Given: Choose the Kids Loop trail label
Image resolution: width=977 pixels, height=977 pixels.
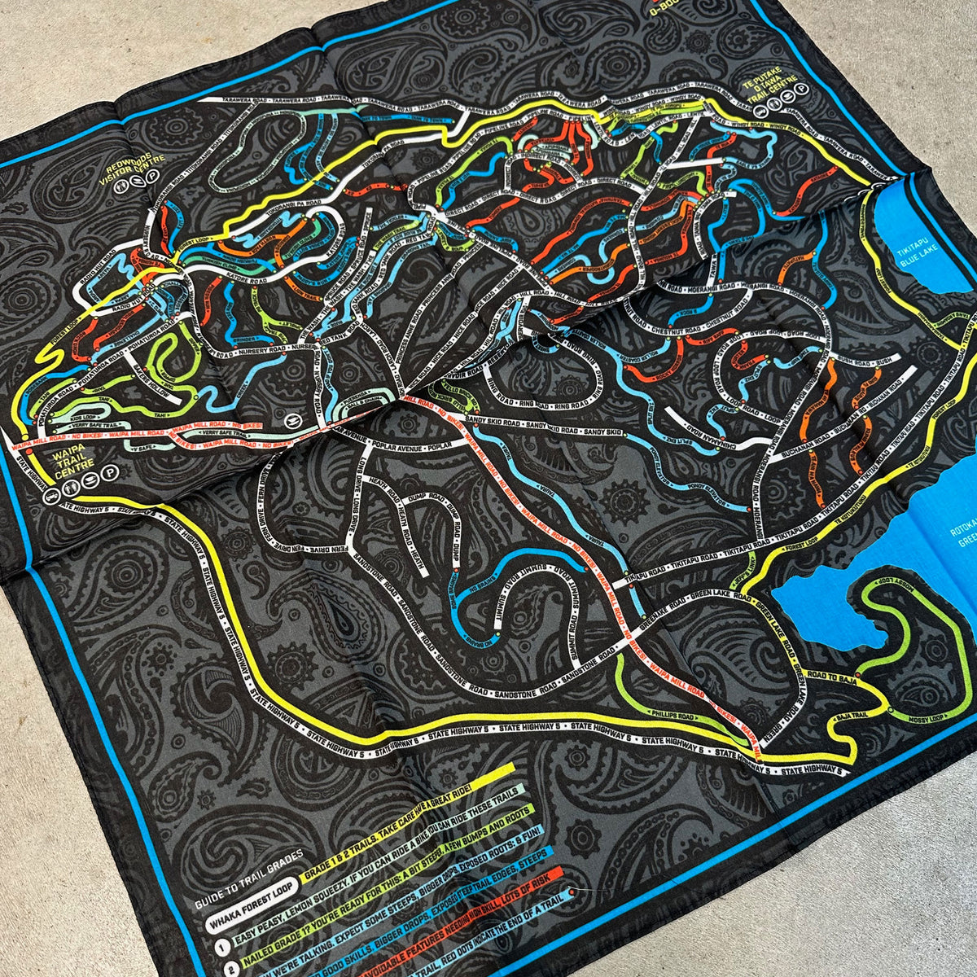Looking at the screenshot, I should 82,416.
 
